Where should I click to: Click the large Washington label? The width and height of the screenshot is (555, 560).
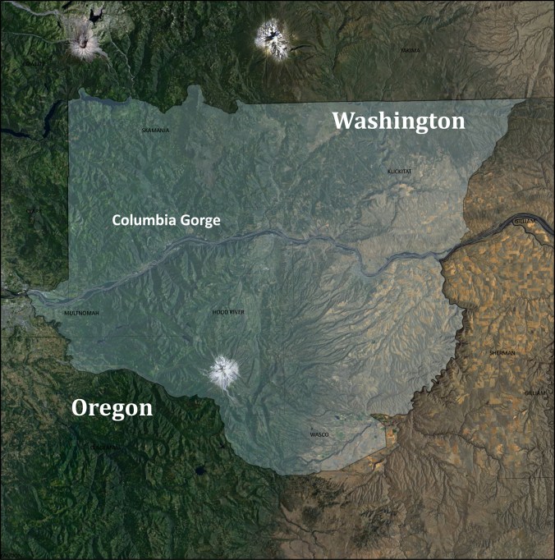[x=398, y=122]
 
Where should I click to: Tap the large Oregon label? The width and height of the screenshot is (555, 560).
[x=112, y=408]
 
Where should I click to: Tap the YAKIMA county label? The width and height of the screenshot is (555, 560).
[x=411, y=51]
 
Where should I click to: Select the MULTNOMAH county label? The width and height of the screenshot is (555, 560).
[x=81, y=313]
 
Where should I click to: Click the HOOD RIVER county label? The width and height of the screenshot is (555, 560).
[x=228, y=313]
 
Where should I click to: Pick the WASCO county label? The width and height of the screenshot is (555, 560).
[x=319, y=434]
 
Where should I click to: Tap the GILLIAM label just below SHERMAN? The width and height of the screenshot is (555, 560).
[x=534, y=393]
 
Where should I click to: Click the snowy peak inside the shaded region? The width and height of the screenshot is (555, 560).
[x=222, y=371]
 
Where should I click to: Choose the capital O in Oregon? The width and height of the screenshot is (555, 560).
[x=80, y=408]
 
